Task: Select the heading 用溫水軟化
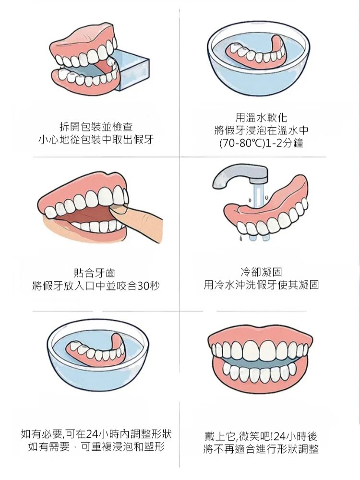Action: tap(262, 118)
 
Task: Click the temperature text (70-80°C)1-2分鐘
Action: tap(262, 143)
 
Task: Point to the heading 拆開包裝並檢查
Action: tap(96, 127)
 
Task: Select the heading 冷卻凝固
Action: tap(262, 272)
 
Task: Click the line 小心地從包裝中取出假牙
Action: tap(96, 140)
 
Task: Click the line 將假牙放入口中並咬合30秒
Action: tap(96, 286)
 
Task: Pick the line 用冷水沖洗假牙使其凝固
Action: tap(262, 285)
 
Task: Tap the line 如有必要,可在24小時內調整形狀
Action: tap(96, 434)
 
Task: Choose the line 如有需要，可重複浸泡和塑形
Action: tap(96, 446)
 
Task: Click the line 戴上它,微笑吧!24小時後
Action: tap(262, 436)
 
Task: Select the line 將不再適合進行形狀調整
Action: tap(262, 449)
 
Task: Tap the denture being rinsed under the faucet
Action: tap(265, 209)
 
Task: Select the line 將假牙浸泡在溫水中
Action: tap(262, 131)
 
